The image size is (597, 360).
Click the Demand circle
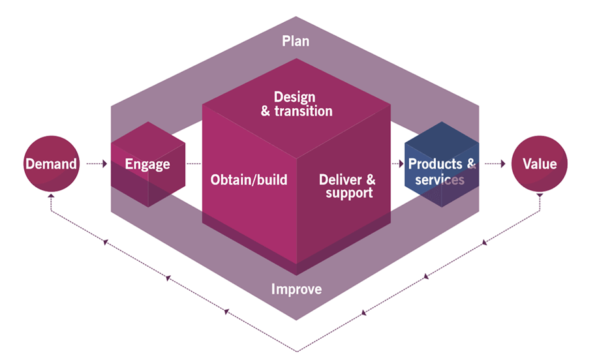[51, 163]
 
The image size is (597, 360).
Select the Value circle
[540, 163]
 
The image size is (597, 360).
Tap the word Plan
[296, 41]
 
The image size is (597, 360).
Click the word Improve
[296, 288]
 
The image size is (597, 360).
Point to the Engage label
[147, 164]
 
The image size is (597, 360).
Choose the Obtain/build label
[249, 179]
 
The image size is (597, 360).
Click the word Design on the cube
[294, 97]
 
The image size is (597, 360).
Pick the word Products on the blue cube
[435, 164]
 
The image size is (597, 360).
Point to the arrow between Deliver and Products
[397, 164]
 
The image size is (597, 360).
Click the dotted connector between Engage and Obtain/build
[194, 164]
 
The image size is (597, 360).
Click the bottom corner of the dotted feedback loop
[297, 350]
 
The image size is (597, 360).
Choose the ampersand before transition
[266, 111]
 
